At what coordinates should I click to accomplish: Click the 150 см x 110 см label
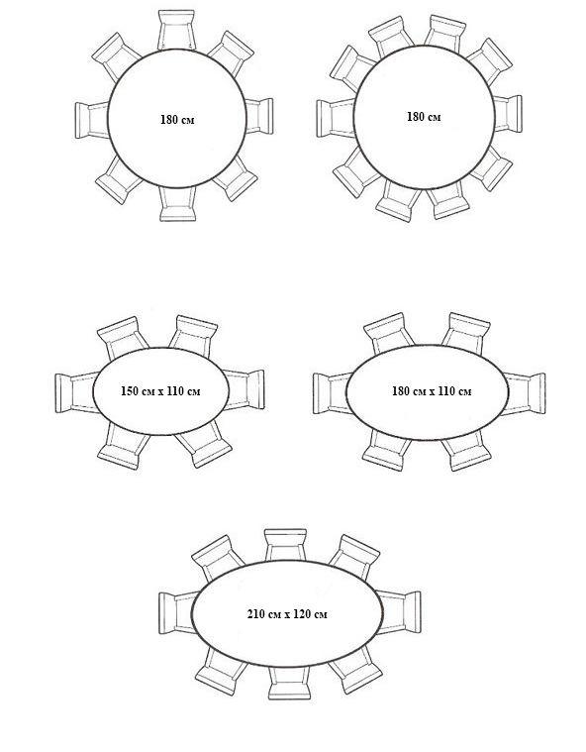[160, 391]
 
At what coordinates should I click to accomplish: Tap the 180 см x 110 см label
[432, 391]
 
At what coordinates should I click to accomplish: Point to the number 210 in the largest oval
[256, 614]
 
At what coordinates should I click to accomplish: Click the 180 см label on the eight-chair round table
[177, 120]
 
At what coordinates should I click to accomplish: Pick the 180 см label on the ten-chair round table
[424, 117]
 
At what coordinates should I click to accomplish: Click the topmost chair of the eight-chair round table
[177, 30]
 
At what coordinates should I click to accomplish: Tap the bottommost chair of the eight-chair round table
[178, 204]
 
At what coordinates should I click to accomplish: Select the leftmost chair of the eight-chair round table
[92, 120]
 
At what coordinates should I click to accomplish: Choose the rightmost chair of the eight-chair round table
[259, 116]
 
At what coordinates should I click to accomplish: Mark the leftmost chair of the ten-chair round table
[336, 118]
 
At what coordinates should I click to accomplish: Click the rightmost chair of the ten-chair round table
[508, 114]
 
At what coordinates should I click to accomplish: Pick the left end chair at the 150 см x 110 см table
[75, 392]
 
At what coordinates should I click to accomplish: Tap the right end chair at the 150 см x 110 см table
[244, 389]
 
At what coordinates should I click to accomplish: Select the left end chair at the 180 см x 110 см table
[332, 393]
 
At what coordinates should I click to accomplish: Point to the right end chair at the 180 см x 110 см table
[524, 393]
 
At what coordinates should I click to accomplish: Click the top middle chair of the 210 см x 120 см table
[285, 545]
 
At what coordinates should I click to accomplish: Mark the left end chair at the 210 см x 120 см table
[177, 613]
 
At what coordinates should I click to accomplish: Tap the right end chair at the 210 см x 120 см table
[399, 612]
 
